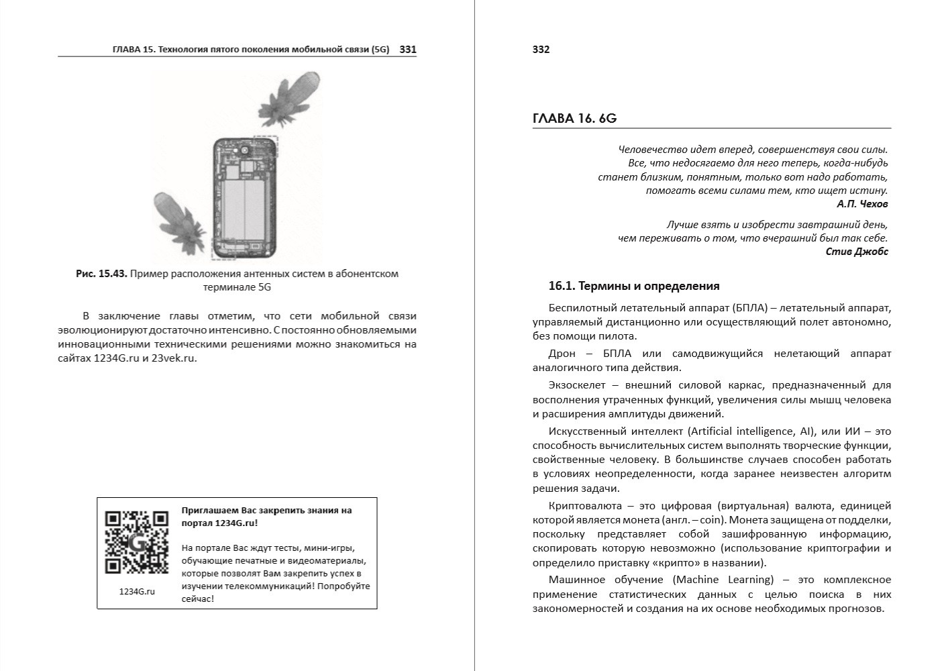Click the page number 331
[408, 49]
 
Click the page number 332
[541, 49]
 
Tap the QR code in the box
[136, 542]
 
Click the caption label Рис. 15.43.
[101, 274]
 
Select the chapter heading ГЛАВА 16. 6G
[574, 119]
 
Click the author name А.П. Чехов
[862, 203]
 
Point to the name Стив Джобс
[857, 252]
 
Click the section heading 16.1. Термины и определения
[634, 286]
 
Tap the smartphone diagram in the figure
[244, 199]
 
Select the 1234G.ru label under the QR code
[136, 591]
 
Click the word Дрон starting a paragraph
[562, 354]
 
